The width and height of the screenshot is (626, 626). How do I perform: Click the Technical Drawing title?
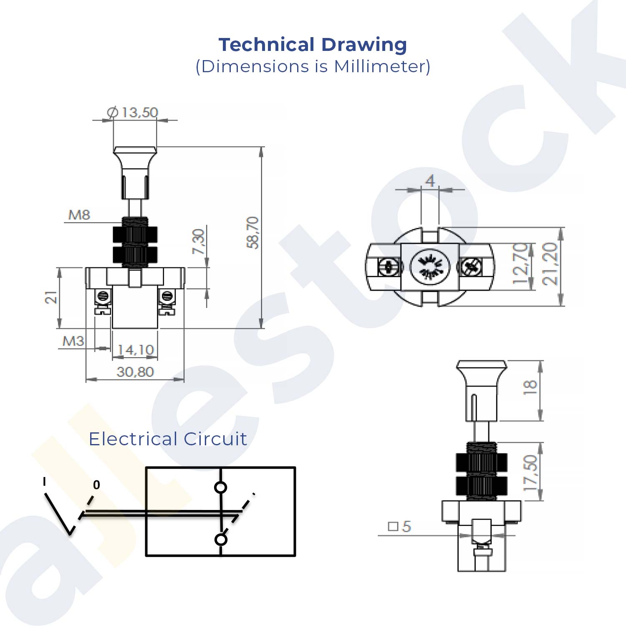(313, 45)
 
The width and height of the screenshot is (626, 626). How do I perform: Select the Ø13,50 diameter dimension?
(133, 112)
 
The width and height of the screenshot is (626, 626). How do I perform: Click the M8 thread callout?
(79, 215)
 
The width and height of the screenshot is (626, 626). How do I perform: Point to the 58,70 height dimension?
(253, 232)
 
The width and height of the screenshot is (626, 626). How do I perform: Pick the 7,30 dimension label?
(199, 241)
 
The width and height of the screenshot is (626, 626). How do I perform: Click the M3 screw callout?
(73, 341)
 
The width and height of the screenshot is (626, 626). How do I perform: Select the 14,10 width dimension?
(135, 350)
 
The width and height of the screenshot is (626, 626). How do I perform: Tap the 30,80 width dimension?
(135, 371)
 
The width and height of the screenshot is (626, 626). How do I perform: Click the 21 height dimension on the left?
(51, 298)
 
